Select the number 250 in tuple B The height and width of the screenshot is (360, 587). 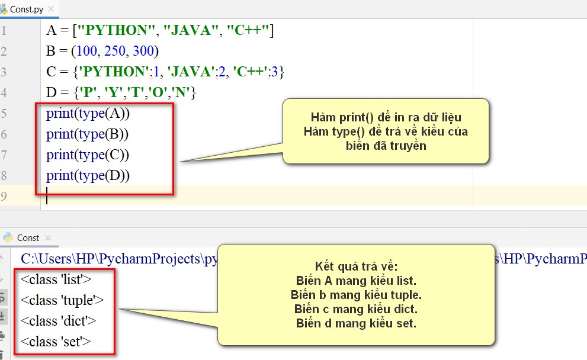click(x=115, y=51)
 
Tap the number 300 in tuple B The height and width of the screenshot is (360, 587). click(x=143, y=51)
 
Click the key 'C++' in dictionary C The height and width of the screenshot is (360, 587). click(x=251, y=71)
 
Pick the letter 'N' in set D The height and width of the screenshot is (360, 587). click(x=182, y=92)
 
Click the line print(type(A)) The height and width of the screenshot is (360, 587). click(x=88, y=114)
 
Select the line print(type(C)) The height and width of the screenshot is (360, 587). click(x=88, y=155)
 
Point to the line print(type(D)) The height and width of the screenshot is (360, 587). click(x=88, y=175)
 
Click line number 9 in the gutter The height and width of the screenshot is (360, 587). click(x=4, y=196)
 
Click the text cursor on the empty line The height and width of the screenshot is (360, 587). click(x=47, y=195)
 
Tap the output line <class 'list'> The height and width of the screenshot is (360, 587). click(x=56, y=279)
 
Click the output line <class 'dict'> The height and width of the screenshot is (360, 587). click(x=59, y=321)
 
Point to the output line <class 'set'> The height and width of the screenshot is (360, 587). click(x=56, y=342)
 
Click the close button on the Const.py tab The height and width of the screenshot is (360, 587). click(x=52, y=9)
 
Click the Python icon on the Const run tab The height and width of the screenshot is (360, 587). click(x=8, y=237)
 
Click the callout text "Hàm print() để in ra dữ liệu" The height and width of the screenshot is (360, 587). click(x=386, y=117)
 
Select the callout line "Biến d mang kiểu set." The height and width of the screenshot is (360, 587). click(x=356, y=323)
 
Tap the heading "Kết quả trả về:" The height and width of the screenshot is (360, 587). click(x=356, y=266)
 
